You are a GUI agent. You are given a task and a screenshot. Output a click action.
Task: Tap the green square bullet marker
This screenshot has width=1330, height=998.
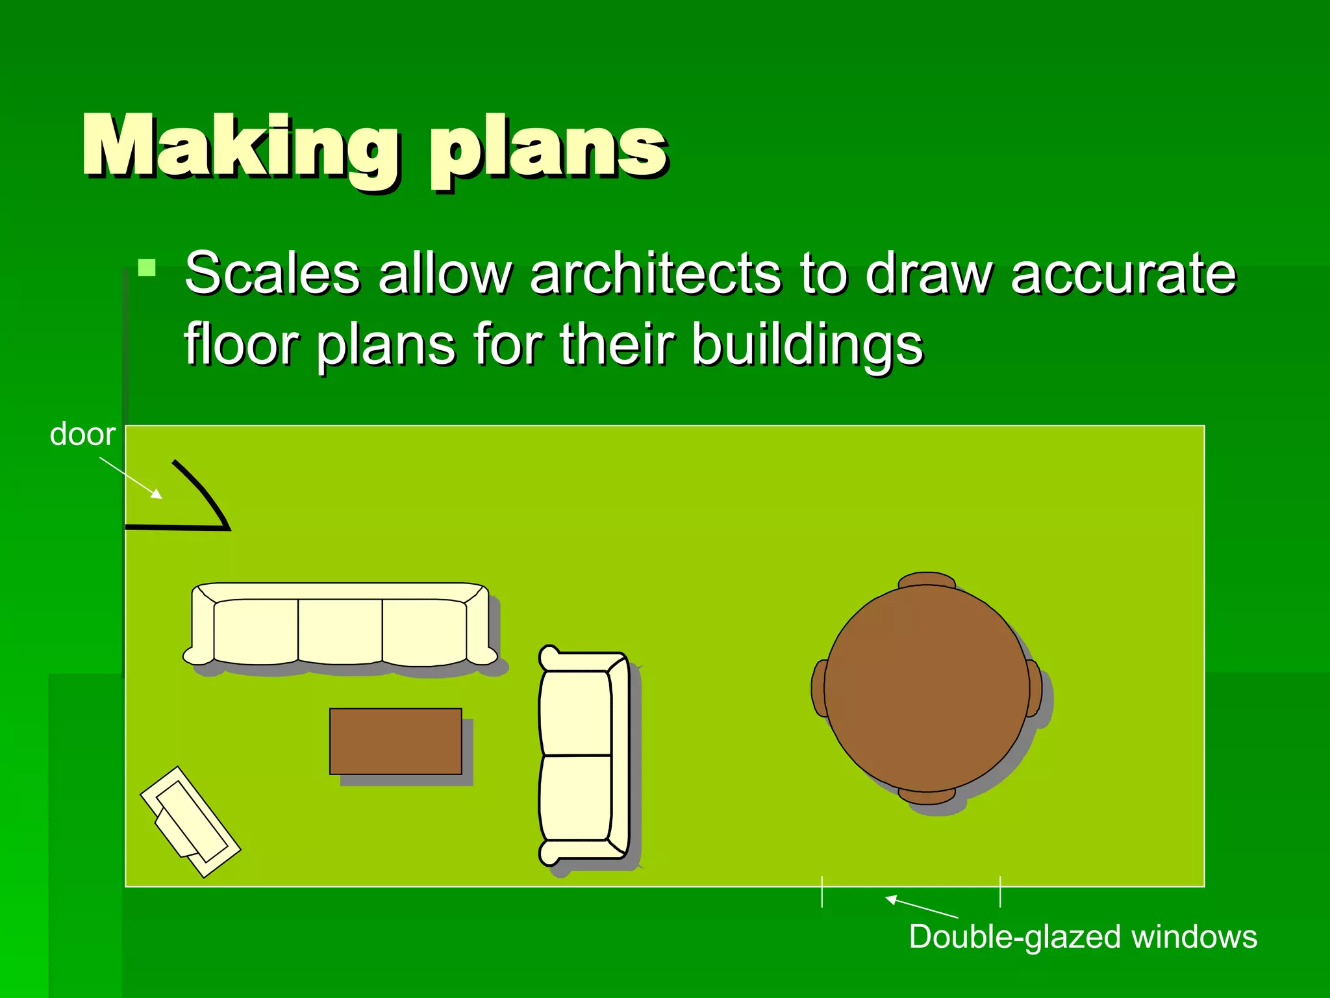[x=147, y=268]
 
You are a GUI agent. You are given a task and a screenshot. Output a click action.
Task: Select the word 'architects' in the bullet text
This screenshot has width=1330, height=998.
[x=656, y=273]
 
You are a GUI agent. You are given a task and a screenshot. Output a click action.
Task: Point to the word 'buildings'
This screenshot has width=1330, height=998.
[x=807, y=344]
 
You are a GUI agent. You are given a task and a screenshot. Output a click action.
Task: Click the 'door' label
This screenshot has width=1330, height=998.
[x=82, y=434]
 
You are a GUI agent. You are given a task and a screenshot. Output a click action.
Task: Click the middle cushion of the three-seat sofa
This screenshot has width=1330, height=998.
[x=340, y=630]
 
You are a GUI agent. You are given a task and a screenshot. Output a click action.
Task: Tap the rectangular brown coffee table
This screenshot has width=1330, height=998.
[x=395, y=741]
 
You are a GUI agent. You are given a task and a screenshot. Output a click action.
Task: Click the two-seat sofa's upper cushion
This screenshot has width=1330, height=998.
[x=575, y=713]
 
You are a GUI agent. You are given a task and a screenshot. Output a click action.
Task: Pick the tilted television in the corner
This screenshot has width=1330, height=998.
[x=190, y=821]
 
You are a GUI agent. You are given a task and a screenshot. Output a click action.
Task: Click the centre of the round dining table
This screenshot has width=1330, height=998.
[x=927, y=688]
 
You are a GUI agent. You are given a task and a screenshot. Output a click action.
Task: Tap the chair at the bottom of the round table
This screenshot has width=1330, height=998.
[x=927, y=796]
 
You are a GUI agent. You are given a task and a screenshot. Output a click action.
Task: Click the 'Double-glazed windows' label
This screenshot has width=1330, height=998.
[x=1083, y=937]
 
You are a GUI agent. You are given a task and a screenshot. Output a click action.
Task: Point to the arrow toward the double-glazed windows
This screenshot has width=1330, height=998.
[x=921, y=907]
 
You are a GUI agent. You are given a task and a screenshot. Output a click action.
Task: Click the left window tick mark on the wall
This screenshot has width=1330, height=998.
[x=822, y=891]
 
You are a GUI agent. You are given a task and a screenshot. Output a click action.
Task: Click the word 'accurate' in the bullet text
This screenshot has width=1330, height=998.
[x=1123, y=273]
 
